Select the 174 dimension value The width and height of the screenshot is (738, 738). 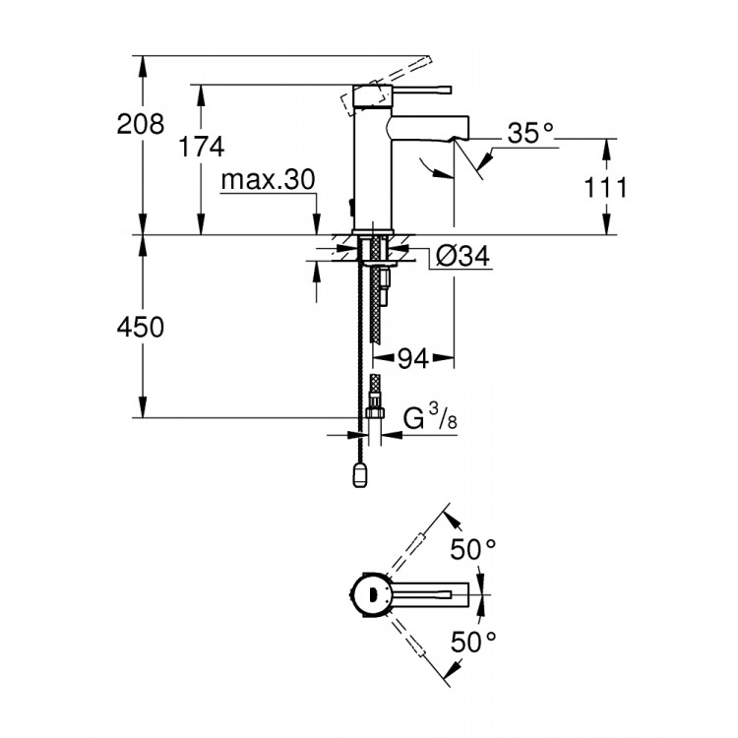tap(201, 148)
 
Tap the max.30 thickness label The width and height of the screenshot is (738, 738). tap(267, 180)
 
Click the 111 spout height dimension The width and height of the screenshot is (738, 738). tap(605, 187)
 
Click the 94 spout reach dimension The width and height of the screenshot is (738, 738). tap(414, 360)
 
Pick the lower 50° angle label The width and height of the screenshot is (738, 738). tap(474, 643)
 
